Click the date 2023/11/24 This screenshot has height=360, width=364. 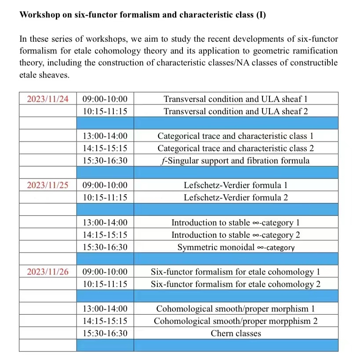[48, 99]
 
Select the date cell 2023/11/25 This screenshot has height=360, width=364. [48, 185]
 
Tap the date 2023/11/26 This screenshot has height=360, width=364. [48, 272]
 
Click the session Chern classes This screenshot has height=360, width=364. [236, 333]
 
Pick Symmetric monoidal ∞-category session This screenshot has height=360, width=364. [236, 247]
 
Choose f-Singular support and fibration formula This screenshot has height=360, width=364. [236, 160]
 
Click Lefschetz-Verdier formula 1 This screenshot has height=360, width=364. [236, 185]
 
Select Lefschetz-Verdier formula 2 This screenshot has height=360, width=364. [236, 197]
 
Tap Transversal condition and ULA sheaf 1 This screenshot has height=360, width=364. [236, 99]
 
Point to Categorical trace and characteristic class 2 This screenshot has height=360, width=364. [236, 148]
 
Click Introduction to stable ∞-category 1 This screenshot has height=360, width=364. [236, 222]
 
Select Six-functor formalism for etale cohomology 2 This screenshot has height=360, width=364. [236, 284]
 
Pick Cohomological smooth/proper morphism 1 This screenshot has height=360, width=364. [236, 309]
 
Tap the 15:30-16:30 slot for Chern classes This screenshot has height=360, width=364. [105, 333]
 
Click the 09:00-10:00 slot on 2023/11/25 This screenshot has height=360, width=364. [105, 185]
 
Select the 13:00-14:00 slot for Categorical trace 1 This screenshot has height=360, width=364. [105, 136]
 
